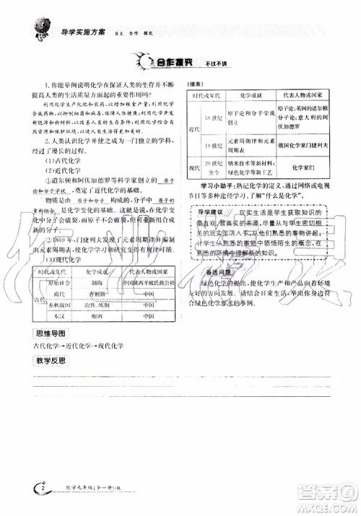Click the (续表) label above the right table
pos(201,82)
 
